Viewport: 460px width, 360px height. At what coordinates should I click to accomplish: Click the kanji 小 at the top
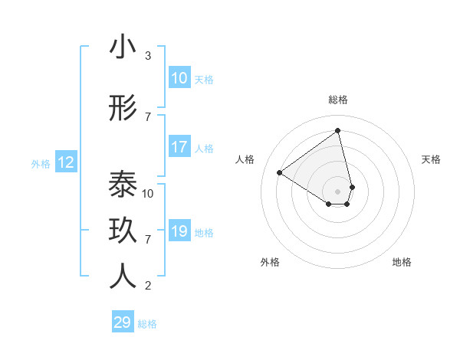coord(123,47)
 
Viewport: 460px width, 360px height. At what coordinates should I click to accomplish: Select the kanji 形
coord(123,109)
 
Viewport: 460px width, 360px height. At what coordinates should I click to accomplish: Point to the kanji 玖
coord(123,231)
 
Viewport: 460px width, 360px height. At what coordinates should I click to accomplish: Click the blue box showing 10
coord(179,78)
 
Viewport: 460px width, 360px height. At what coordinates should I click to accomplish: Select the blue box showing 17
coord(179,147)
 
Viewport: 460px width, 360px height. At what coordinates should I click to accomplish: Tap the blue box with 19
coord(179,231)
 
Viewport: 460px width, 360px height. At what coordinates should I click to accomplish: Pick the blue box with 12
coord(65,162)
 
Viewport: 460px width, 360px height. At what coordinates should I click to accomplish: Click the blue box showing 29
coord(122,322)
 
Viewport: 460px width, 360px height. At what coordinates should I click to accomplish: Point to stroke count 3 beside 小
coord(148,56)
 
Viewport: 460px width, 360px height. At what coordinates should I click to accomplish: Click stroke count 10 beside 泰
coord(148,193)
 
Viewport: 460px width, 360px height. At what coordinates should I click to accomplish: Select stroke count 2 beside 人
coord(148,286)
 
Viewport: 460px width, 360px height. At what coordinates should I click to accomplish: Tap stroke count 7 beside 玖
coord(148,240)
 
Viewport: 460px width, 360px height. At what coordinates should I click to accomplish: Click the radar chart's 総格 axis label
coord(338,100)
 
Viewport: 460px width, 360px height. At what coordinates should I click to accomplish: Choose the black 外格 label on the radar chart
coord(270,262)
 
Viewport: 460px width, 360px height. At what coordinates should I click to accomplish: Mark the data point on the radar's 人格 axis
coord(280,172)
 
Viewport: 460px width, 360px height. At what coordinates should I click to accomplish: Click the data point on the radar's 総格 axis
coord(337,130)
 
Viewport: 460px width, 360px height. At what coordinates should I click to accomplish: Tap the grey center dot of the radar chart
coord(337,191)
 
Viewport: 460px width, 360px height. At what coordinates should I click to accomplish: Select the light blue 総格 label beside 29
coord(147,324)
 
